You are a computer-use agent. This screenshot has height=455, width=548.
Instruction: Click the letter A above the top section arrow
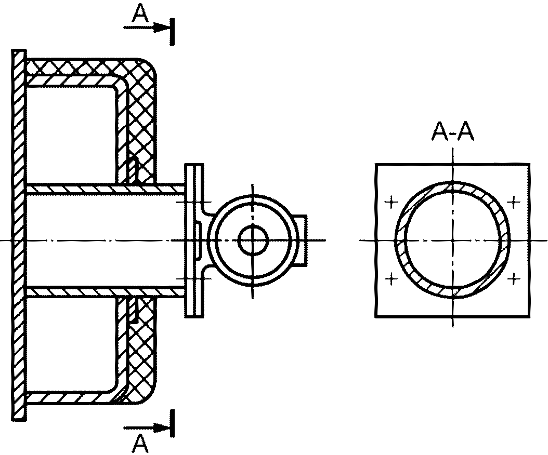140,15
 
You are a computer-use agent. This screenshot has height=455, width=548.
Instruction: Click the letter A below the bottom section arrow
140,444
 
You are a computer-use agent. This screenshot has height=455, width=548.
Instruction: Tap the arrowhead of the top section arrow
162,27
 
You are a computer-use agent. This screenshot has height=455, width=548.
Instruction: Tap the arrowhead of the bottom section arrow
162,427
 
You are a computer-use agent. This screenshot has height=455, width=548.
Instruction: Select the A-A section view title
453,132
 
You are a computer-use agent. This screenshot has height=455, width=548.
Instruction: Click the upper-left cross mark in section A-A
391,202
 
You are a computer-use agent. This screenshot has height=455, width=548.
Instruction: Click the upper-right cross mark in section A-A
514,202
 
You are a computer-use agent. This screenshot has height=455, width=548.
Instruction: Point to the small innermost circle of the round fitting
253,226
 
